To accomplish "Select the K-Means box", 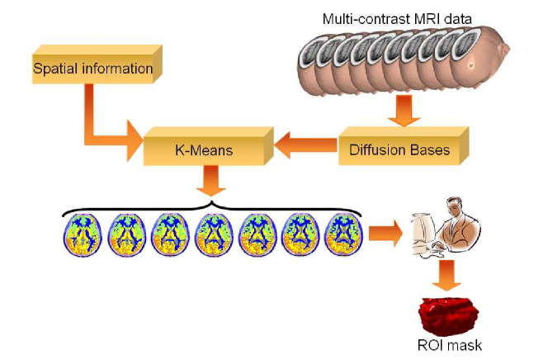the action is click(208, 146).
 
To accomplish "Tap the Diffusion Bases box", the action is click(404, 146).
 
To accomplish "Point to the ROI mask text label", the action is click(450, 345).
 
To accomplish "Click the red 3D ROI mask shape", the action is click(448, 315).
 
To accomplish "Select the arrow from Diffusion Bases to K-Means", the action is click(306, 145).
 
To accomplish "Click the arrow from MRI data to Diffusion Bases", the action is click(404, 110).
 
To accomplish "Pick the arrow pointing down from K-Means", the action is click(210, 181).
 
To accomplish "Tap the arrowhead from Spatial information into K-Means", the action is click(135, 140).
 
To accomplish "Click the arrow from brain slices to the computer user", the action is click(385, 233).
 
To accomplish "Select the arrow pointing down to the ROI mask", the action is click(446, 275).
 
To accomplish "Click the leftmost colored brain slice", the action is click(83, 234).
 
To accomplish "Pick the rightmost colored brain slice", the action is click(344, 234).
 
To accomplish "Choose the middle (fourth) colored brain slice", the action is click(214, 234).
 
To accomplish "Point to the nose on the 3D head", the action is click(505, 49).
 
